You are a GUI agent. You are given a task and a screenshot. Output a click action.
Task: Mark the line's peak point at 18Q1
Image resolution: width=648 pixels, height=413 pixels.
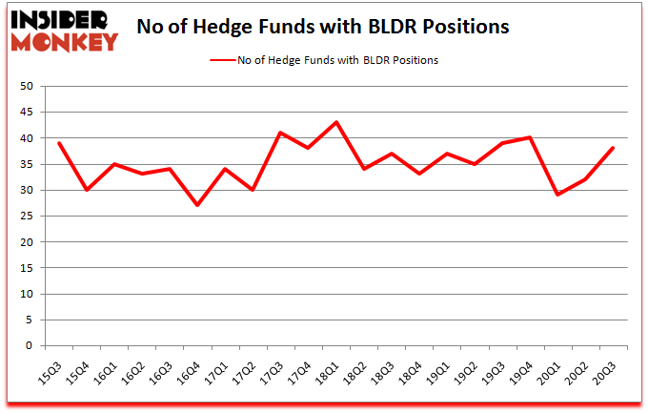coord(336,122)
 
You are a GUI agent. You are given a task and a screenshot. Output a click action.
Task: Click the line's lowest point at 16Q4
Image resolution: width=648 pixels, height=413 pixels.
coord(198,205)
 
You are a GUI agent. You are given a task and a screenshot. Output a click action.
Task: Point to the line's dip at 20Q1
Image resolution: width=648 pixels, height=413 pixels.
coord(557,195)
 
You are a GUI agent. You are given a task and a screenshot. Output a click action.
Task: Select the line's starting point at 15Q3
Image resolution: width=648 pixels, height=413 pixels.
coord(60,143)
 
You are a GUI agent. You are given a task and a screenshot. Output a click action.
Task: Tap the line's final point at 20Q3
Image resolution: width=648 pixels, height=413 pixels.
coord(613,148)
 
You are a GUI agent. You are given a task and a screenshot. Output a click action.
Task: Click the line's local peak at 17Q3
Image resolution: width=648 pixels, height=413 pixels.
coord(281,133)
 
